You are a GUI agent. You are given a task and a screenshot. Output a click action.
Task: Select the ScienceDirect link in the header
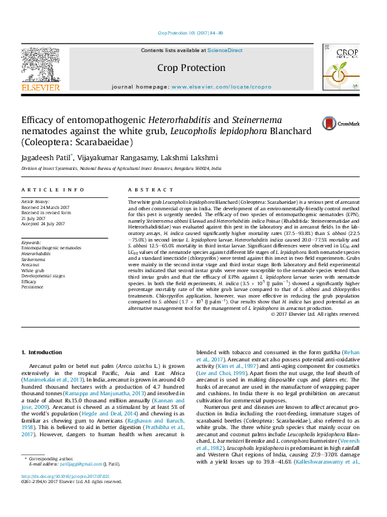[225, 50]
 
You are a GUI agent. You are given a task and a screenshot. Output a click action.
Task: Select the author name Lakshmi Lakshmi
[194, 158]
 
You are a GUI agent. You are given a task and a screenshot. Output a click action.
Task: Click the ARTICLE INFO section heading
[53, 189]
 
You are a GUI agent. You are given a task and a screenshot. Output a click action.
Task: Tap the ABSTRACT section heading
[146, 189]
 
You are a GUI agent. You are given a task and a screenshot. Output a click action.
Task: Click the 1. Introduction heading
[42, 352]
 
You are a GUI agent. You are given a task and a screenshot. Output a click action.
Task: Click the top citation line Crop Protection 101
[191, 33]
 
